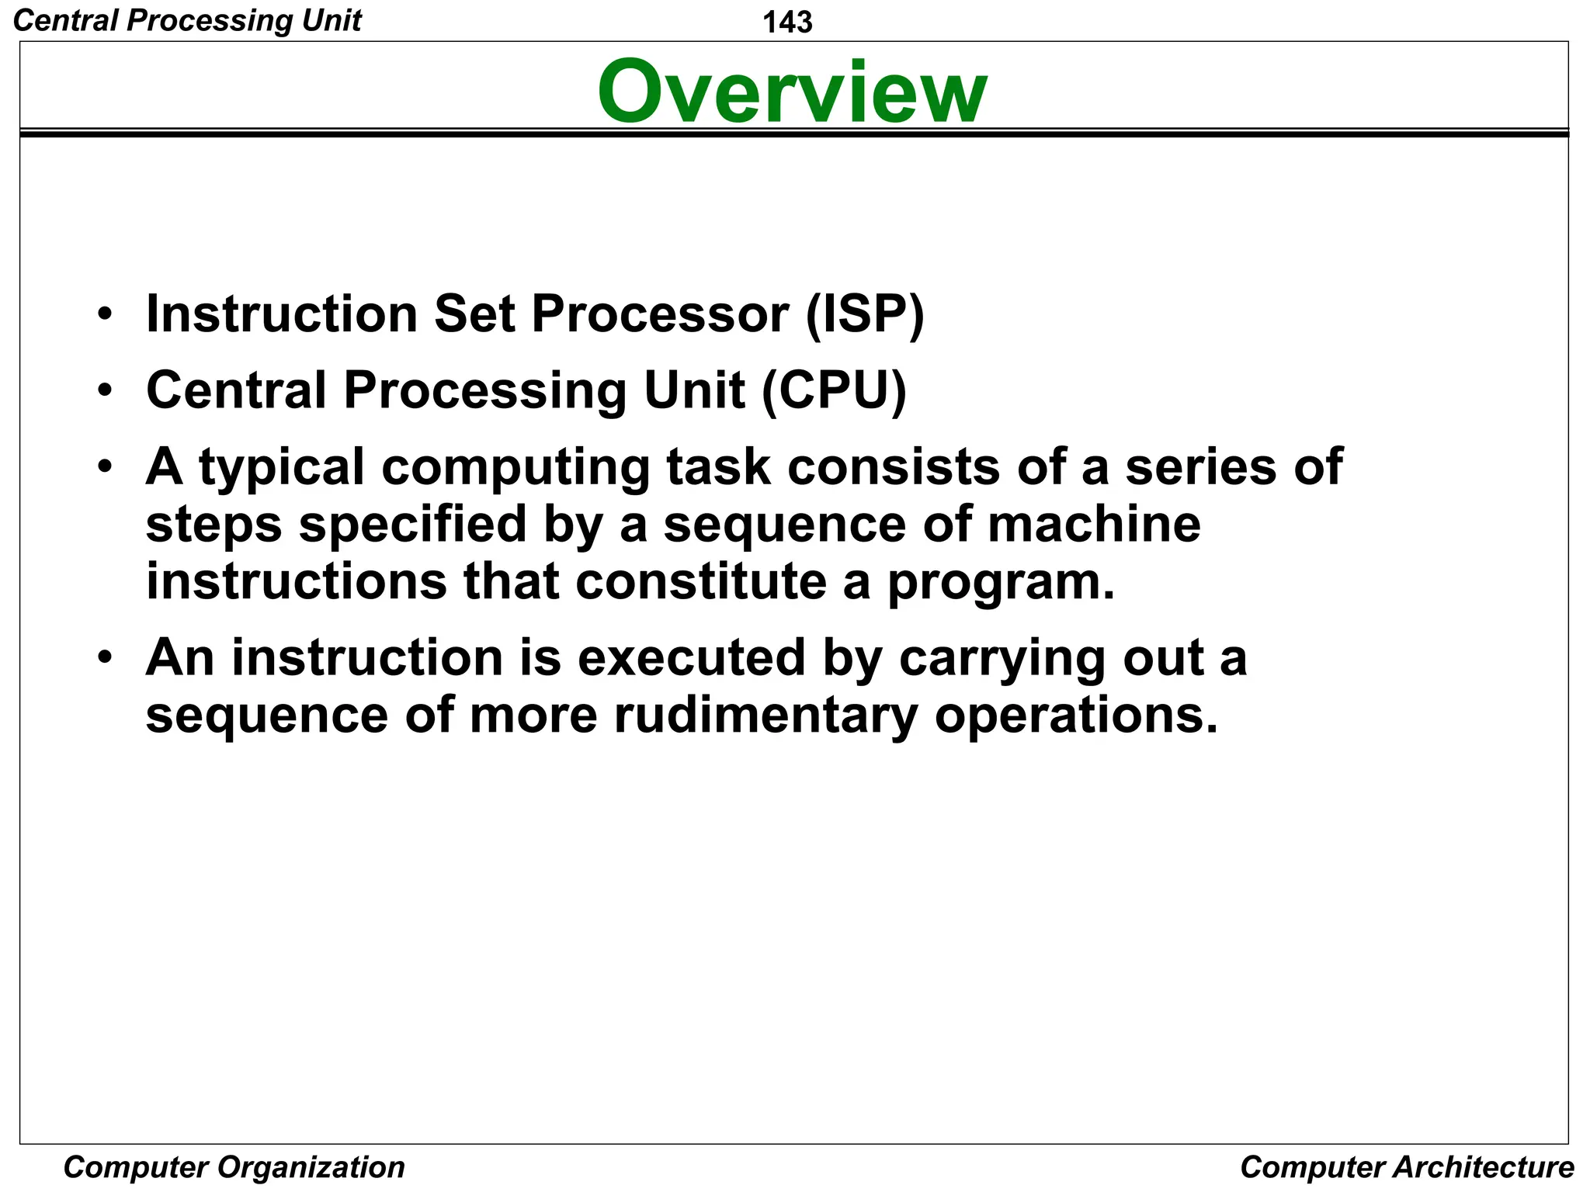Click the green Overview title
coord(792,92)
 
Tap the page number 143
coord(787,22)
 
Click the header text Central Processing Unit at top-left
coord(187,20)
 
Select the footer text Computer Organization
coord(234,1167)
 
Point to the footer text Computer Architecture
coord(1407,1167)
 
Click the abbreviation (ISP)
coord(865,314)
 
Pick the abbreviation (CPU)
coord(834,390)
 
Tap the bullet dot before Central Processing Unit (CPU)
coord(106,390)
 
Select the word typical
coord(282,468)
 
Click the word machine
coord(1094,524)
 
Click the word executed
coord(691,657)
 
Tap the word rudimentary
coord(766,715)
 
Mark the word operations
coord(1076,716)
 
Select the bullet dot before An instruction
coord(106,658)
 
